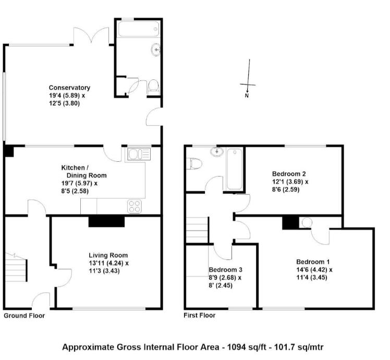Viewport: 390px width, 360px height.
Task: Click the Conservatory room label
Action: click(69, 88)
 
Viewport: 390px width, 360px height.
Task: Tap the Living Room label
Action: click(108, 255)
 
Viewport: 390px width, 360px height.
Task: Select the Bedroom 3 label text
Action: click(226, 270)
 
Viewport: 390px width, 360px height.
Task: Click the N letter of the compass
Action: click(247, 95)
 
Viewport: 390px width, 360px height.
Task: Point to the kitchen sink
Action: click(139, 153)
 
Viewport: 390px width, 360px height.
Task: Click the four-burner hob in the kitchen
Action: click(135, 207)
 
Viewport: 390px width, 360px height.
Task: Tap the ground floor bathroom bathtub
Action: click(139, 29)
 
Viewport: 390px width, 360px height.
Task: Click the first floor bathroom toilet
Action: click(194, 164)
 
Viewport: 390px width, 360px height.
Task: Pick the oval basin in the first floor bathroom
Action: click(217, 151)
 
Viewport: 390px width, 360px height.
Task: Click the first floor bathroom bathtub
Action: click(235, 169)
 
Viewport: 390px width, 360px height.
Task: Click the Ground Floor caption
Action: click(24, 316)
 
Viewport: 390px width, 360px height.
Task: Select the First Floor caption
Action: click(200, 316)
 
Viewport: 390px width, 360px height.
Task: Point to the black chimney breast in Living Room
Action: click(106, 222)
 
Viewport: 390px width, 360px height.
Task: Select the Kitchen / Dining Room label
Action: click(84, 172)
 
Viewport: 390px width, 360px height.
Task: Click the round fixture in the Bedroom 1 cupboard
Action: click(307, 223)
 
